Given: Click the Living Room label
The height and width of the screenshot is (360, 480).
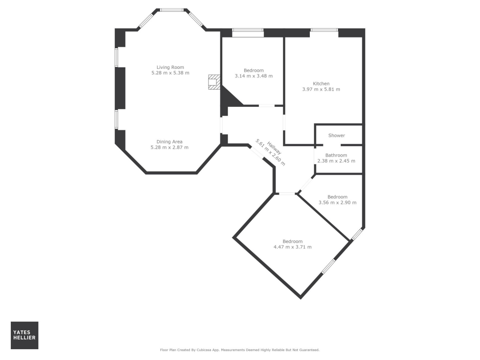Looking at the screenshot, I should tap(170, 67).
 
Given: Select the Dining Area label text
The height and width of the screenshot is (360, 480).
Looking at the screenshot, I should tap(169, 142).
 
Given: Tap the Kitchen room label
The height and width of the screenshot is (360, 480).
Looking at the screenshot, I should tap(321, 83).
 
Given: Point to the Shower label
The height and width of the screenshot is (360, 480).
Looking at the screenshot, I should tap(336, 135).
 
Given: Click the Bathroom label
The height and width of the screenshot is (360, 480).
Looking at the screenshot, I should tap(336, 155).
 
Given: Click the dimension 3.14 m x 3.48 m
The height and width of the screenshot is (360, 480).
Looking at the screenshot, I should tap(254, 76).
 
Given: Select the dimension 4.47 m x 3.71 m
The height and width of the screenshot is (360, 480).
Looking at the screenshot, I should tap(292, 247).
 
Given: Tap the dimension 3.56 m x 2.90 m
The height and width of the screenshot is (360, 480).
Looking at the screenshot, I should tap(337, 203).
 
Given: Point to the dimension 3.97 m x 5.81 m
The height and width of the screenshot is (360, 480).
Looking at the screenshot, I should tap(321, 89).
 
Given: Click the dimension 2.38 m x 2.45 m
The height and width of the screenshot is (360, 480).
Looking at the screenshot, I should tap(336, 161).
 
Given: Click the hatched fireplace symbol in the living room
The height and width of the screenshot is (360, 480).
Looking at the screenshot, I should tap(214, 82).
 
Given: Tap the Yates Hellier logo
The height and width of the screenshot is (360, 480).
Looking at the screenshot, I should tap(24, 335).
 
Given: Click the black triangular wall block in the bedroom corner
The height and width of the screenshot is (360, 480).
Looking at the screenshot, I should tap(229, 97).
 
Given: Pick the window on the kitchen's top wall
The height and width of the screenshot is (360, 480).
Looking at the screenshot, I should tap(324, 30).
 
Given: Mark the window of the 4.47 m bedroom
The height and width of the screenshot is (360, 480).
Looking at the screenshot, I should tap(328, 266).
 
